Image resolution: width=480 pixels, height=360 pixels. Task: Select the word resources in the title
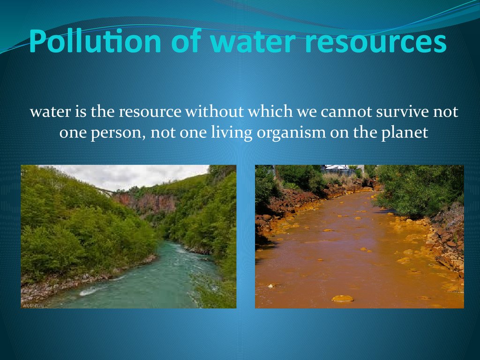point(375,42)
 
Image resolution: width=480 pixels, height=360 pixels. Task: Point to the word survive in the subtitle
point(402,112)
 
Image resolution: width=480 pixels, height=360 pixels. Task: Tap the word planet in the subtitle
point(405,133)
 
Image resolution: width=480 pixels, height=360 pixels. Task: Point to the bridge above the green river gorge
point(105,192)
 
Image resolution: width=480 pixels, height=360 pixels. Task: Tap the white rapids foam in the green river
point(90,291)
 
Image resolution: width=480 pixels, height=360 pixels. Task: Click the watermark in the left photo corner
point(33,305)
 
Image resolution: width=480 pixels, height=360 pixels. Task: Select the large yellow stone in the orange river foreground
point(343,299)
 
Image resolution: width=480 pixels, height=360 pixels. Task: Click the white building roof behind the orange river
point(336,168)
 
